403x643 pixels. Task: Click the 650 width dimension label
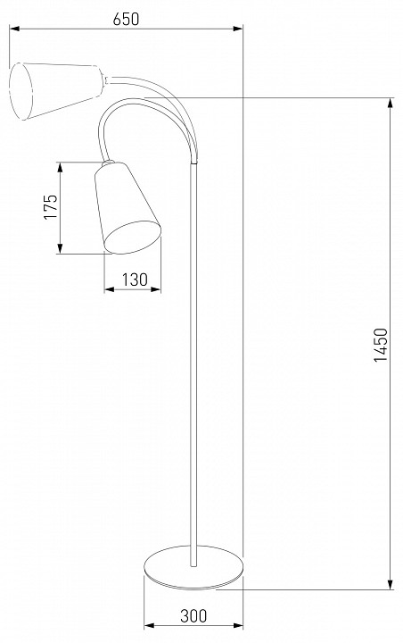(126, 19)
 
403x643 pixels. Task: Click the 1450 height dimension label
(381, 345)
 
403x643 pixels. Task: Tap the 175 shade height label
(51, 206)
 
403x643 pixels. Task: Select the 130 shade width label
(135, 280)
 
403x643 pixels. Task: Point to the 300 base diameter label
(193, 615)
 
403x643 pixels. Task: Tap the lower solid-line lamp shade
(127, 208)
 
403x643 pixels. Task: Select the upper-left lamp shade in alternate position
(56, 91)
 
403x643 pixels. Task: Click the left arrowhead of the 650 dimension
(14, 29)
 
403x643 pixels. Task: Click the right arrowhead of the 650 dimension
(238, 29)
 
